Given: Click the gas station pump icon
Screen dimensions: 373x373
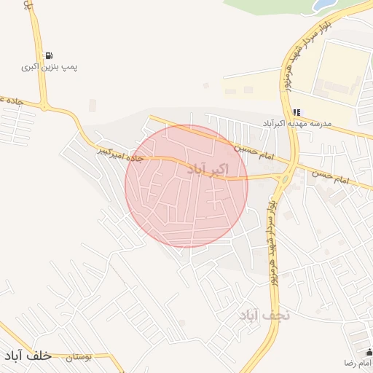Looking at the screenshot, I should pos(49,55).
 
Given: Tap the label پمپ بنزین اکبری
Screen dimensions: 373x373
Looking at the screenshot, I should pos(49,67).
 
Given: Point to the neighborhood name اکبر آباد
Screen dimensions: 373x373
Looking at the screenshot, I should pos(208,169).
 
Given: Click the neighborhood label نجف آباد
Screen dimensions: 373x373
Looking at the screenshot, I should pos(264,315).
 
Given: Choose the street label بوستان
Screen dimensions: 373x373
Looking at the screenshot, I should pos(79,358).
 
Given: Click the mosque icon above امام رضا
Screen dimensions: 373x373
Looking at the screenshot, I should pos(368,352).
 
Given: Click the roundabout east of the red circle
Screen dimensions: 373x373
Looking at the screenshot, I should pos(284,177).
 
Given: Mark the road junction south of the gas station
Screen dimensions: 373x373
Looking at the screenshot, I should pos(45,107).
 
